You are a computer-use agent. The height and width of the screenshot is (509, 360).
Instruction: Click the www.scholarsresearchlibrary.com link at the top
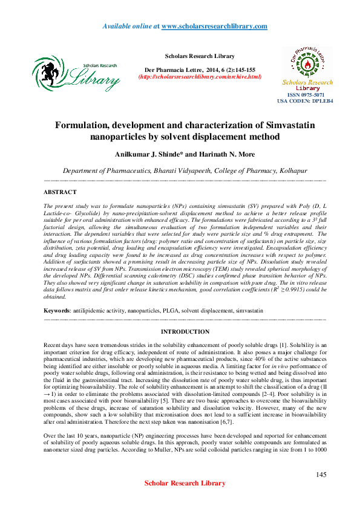tap(214, 27)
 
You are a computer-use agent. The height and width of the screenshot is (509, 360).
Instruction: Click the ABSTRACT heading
tap(60, 192)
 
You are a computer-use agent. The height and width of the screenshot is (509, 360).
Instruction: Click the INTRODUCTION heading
tap(185, 332)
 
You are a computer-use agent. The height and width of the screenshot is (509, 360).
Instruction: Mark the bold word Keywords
tap(56, 310)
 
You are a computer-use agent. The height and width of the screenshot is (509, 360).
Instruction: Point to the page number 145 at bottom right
tap(321, 475)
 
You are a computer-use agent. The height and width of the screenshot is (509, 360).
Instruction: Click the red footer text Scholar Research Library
tap(185, 483)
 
